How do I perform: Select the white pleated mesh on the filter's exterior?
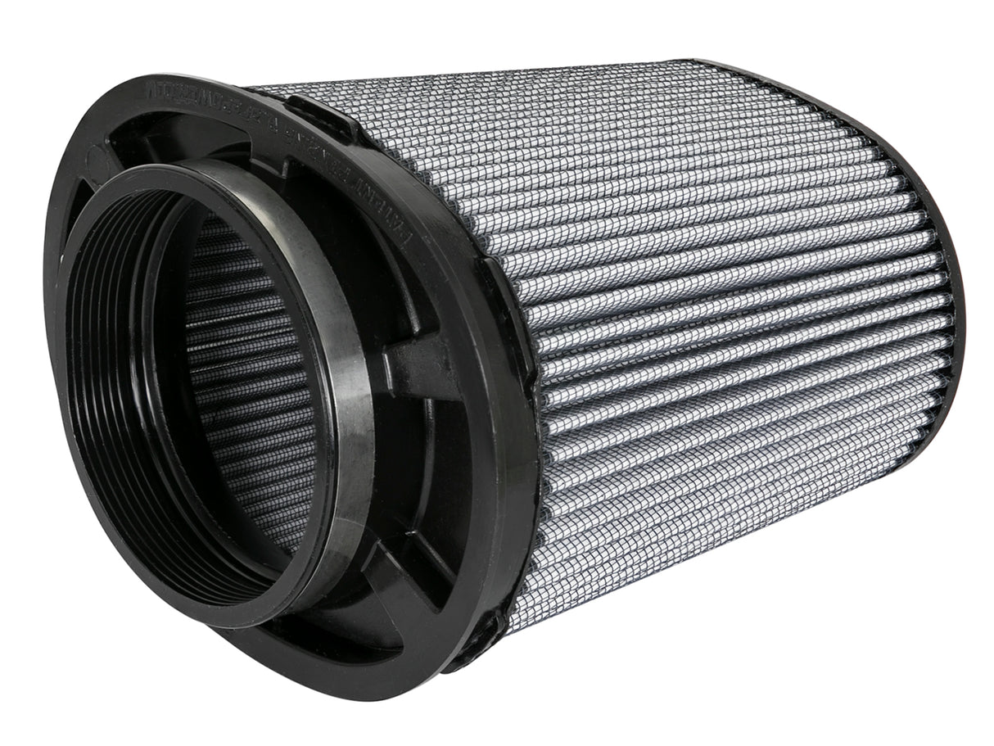click(x=696, y=328)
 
